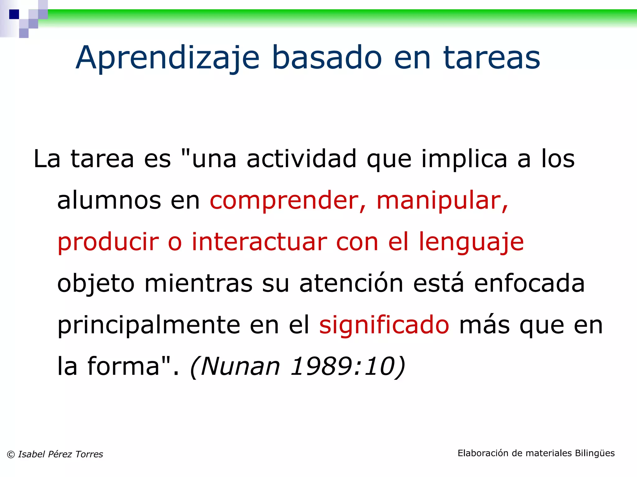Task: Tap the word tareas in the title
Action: pos(492,58)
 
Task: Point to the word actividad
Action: pos(301,159)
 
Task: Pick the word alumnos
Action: pos(109,200)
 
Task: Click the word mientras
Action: pos(198,283)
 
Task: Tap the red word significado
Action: pos(384,325)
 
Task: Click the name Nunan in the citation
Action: pos(240,366)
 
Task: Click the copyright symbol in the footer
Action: pos(11,455)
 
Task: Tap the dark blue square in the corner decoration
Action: pos(14,14)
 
